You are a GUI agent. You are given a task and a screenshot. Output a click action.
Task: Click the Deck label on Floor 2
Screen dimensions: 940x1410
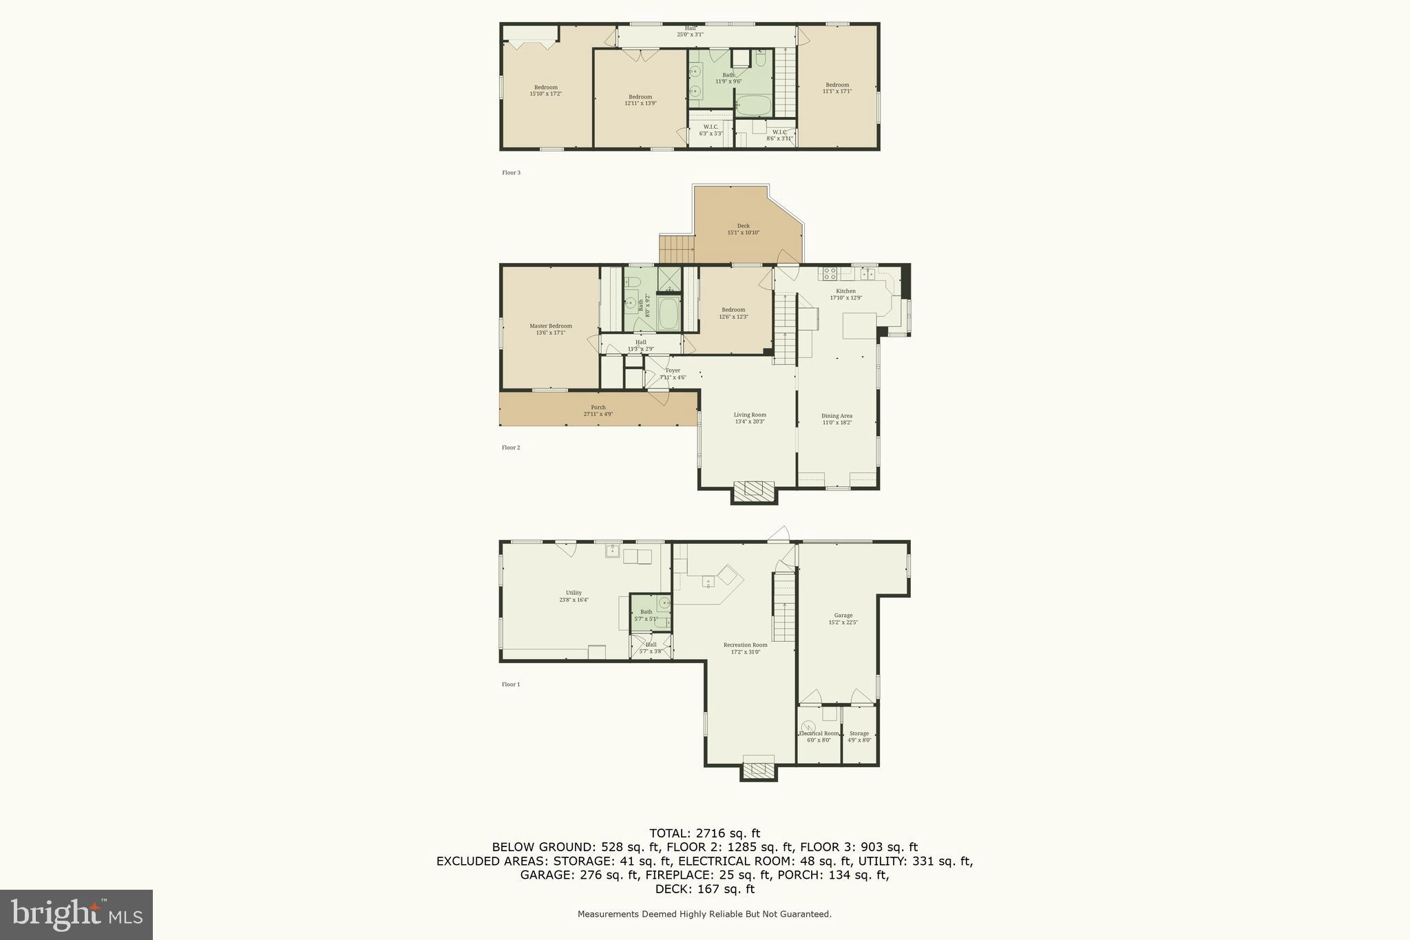pyautogui.click(x=743, y=229)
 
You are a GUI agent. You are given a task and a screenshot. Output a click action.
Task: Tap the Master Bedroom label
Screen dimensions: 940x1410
pyautogui.click(x=550, y=329)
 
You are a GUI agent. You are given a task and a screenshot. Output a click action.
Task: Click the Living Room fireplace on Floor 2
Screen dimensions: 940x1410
pyautogui.click(x=754, y=490)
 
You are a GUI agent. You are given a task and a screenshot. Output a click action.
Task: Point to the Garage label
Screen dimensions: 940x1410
pyautogui.click(x=843, y=618)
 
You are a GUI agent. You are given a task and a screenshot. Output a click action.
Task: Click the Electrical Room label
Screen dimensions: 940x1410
pyautogui.click(x=819, y=736)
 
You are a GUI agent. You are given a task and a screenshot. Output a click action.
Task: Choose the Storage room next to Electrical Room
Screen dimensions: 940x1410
pyautogui.click(x=859, y=736)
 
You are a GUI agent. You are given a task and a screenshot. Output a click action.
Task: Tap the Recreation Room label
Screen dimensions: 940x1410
pyautogui.click(x=745, y=648)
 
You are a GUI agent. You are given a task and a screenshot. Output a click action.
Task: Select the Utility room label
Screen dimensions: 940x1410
pyautogui.click(x=574, y=596)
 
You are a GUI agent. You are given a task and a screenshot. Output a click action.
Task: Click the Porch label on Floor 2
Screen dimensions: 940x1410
pyautogui.click(x=598, y=410)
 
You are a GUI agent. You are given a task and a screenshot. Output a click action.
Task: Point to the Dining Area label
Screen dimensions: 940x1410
pyautogui.click(x=836, y=419)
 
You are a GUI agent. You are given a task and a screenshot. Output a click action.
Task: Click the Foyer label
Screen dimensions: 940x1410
pyautogui.click(x=673, y=373)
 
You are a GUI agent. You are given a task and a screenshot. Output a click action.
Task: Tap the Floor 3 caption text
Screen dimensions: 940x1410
pyautogui.click(x=511, y=173)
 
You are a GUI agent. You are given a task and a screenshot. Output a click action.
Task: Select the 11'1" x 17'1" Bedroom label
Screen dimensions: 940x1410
pyautogui.click(x=837, y=88)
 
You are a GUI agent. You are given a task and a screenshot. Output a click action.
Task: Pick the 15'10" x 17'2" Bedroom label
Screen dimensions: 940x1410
pyautogui.click(x=545, y=90)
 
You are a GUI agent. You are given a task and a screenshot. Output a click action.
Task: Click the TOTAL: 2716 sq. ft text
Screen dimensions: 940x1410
pyautogui.click(x=704, y=833)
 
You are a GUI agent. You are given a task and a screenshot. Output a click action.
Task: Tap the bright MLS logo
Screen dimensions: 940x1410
pyautogui.click(x=76, y=915)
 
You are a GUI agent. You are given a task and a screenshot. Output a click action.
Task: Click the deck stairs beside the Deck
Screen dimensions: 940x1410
pyautogui.click(x=677, y=249)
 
